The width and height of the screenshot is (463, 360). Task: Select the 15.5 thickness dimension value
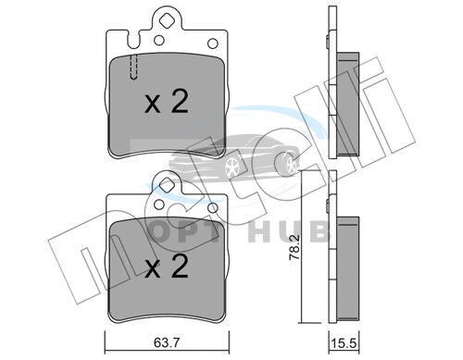344,343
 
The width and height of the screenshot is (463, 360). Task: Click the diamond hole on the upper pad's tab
167,20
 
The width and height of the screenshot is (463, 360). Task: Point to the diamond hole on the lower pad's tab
167,184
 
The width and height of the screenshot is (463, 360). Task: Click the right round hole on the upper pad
213,43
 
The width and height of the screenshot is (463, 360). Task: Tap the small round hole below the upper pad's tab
159,40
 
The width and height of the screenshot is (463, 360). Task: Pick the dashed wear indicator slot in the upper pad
133,68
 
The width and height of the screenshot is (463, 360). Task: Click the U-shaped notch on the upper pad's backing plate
133,41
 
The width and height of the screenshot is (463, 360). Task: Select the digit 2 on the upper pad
180,101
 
